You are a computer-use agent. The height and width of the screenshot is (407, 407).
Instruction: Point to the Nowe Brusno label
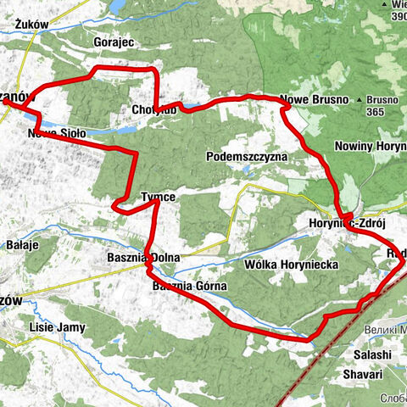point(315,99)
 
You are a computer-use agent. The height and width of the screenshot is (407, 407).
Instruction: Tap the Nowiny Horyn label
point(371,146)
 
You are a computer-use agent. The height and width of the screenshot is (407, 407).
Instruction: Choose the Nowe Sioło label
point(56,133)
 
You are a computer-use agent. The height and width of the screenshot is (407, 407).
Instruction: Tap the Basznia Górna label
point(189,286)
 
